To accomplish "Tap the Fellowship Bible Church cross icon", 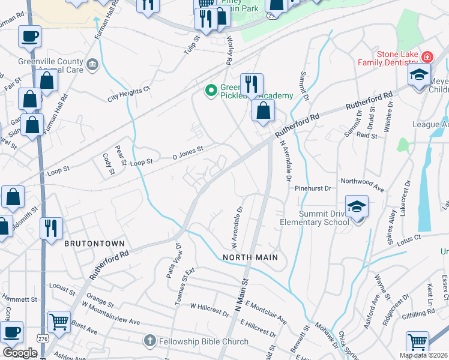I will tap(149, 341).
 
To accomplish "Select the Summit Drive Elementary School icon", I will tap(357, 208).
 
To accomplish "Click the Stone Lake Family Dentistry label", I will tap(388, 58).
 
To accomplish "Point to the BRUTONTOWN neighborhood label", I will tap(95, 244).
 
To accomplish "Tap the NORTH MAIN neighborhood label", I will tap(250, 257).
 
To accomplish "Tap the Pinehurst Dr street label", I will tap(313, 188).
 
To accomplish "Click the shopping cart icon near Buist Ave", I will tap(58, 323).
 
